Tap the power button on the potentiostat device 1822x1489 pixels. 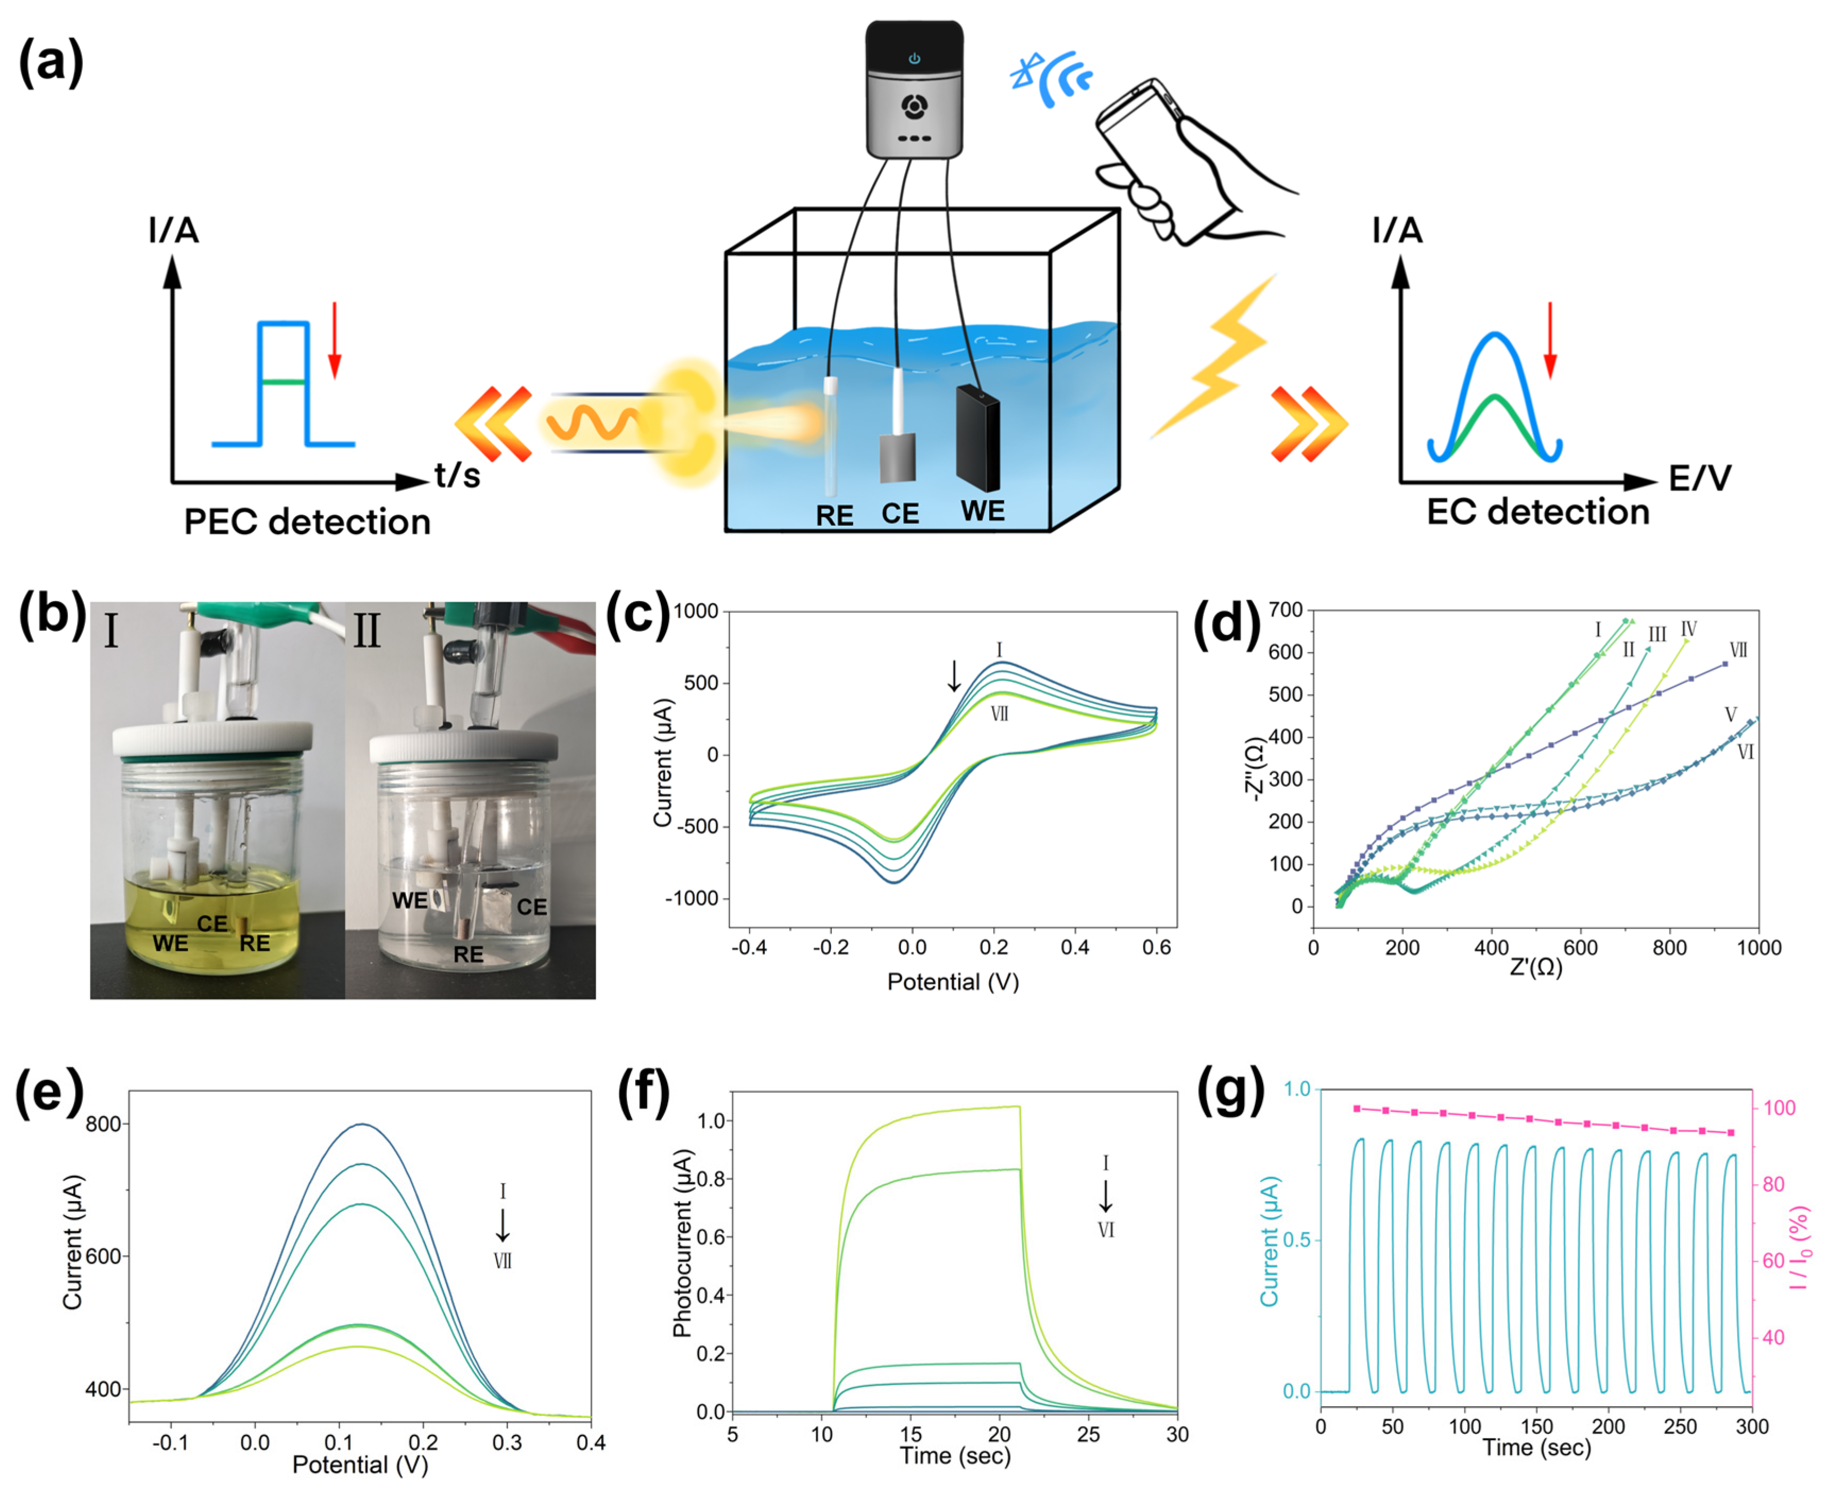pos(914,58)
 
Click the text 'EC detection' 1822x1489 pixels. pos(1537,512)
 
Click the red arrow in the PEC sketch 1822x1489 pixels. pos(335,340)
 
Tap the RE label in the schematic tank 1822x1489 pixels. pos(834,516)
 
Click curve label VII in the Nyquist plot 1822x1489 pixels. pos(1738,649)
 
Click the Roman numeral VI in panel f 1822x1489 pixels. pos(1106,1230)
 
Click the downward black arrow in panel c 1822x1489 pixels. pos(954,676)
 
